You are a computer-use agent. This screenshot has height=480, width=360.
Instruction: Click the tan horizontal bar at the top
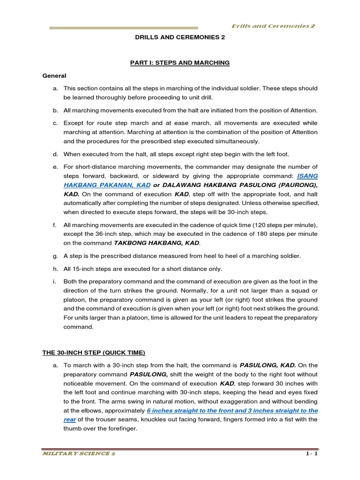124,28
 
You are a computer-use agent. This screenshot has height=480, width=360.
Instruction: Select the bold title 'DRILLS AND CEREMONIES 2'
180,40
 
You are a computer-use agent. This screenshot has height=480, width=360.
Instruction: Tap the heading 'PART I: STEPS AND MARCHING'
180,63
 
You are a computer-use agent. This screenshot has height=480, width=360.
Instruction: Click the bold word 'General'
54,75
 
